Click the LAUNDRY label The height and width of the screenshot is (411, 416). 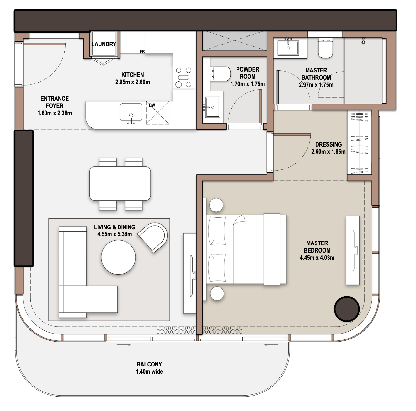point(104,44)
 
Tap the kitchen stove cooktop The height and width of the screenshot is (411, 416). point(184,77)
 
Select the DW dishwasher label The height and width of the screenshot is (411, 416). point(152,105)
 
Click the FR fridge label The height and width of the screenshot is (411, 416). point(142,51)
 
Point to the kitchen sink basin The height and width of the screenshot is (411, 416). point(131,112)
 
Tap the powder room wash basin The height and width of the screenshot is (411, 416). point(212,107)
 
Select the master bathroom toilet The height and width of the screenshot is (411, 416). point(325,48)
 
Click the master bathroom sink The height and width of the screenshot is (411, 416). point(288,48)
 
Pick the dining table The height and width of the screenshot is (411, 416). point(120,184)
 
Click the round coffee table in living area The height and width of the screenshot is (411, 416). point(118,257)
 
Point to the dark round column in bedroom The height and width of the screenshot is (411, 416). point(347,309)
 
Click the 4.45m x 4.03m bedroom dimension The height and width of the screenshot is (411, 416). point(317,258)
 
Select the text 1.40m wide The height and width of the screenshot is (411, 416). point(149,371)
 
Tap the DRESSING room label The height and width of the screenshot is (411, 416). point(328,144)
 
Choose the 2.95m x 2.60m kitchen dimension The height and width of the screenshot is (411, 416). point(133,82)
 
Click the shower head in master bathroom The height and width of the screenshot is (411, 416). point(363,41)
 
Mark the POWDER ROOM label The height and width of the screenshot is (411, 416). point(248,73)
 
